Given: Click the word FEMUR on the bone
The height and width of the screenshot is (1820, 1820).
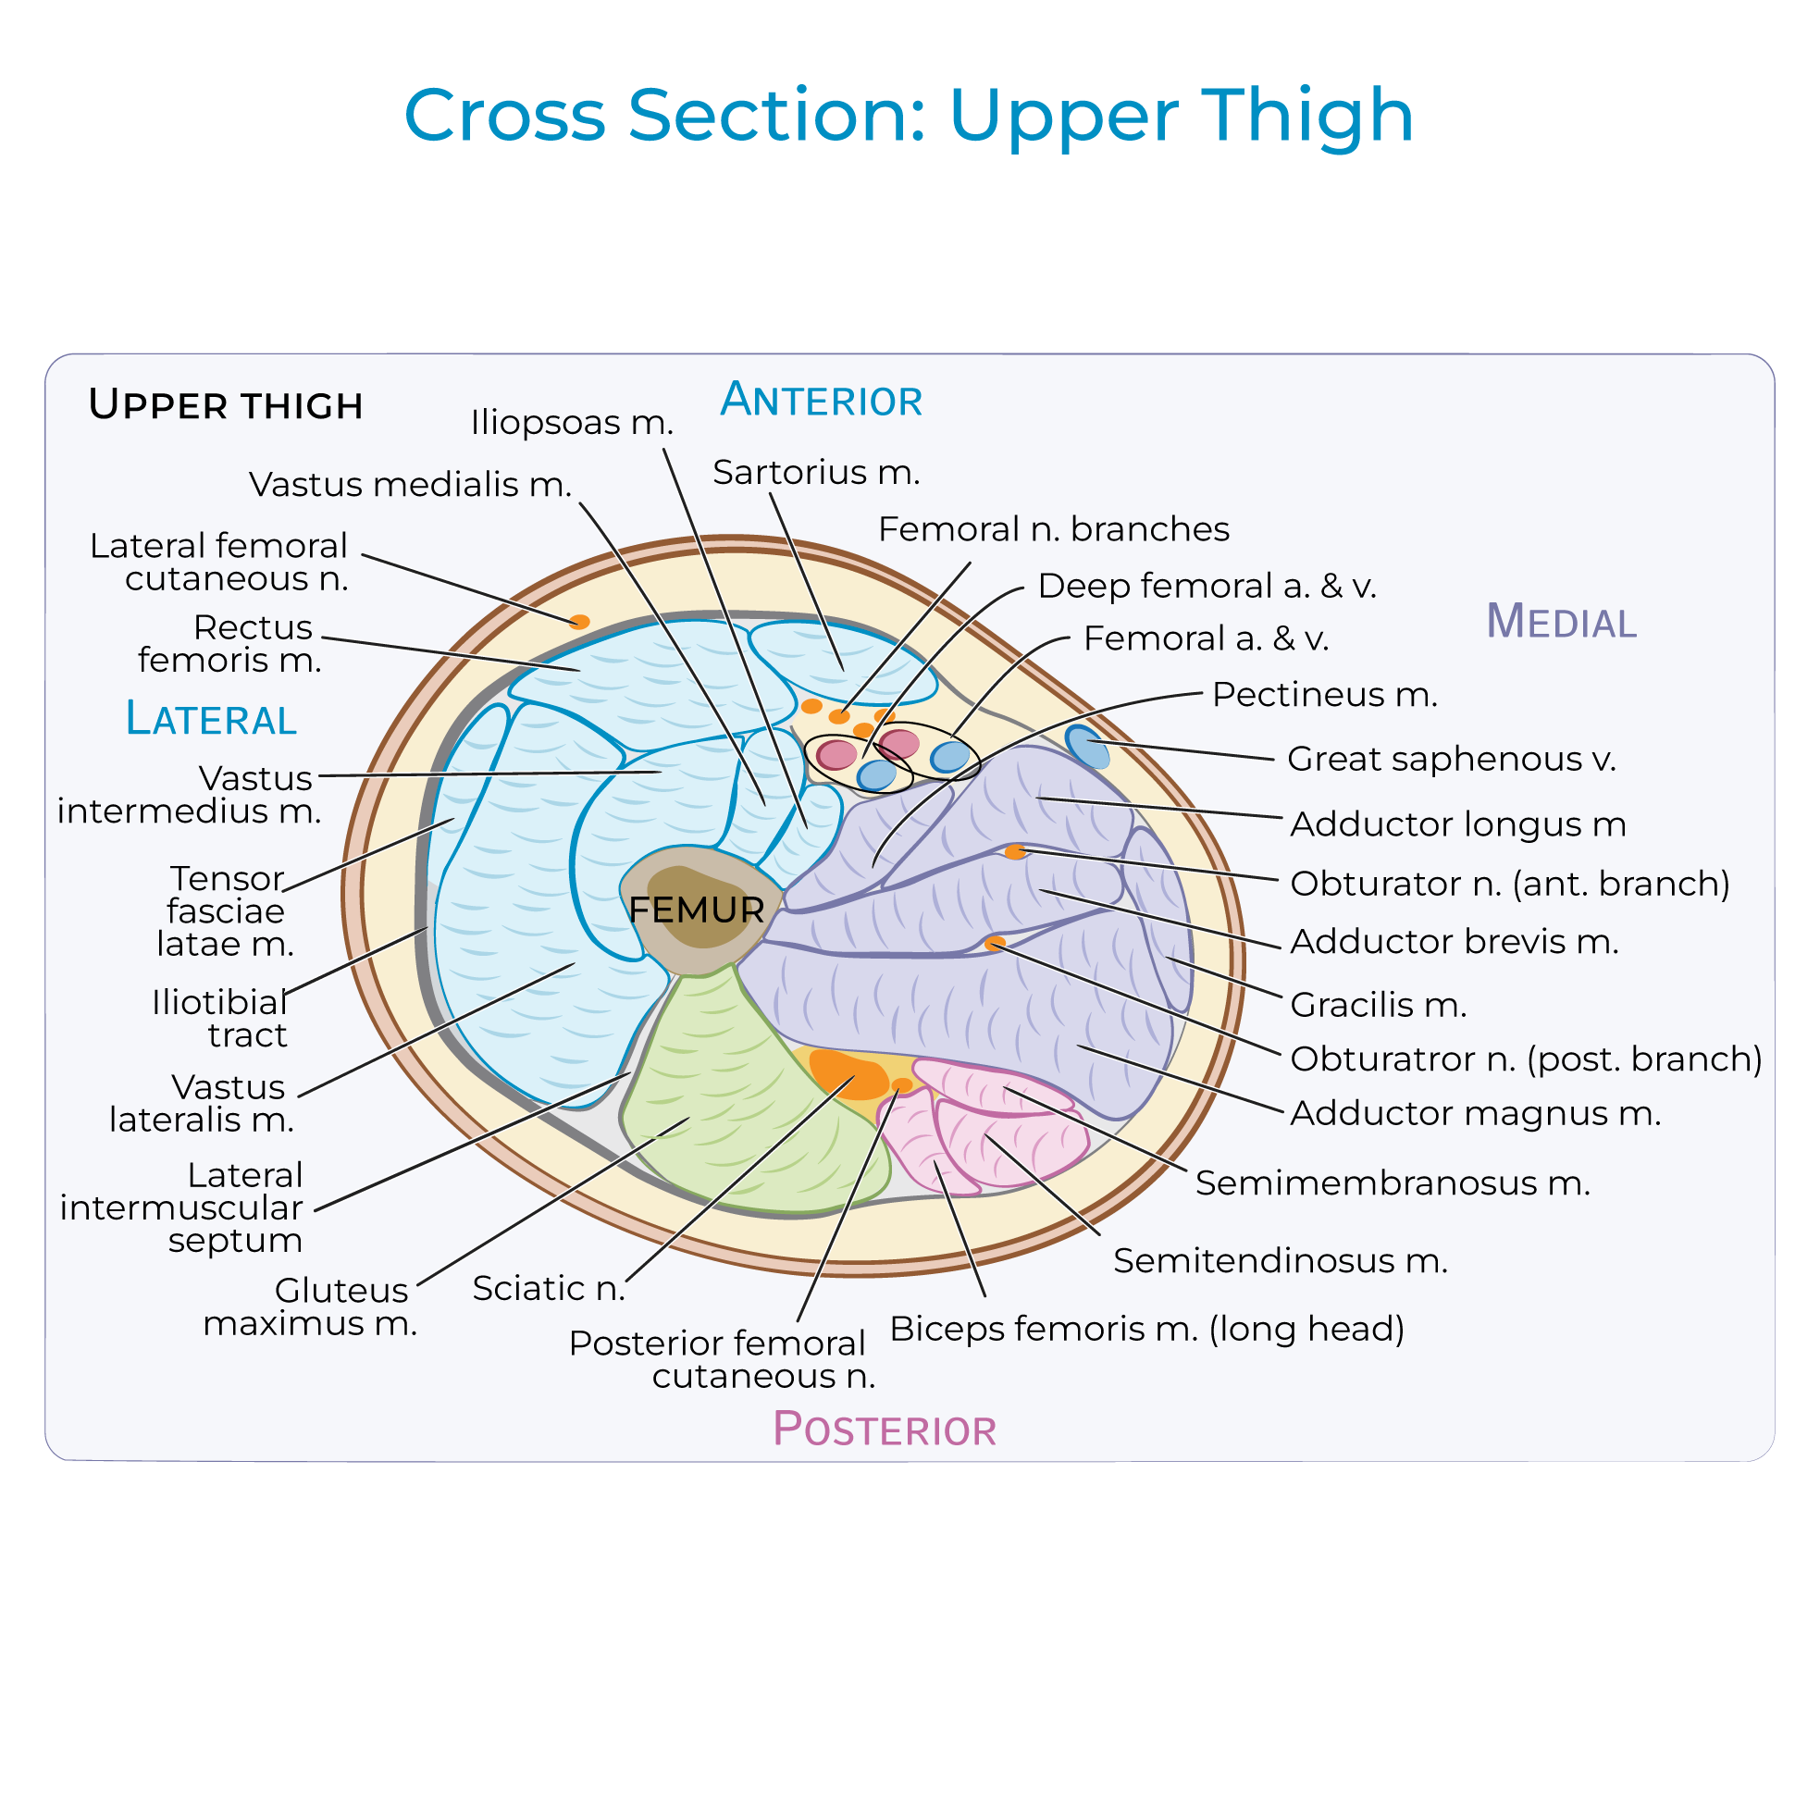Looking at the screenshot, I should click(696, 910).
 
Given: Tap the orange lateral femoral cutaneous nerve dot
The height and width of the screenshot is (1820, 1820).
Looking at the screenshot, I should click(580, 622).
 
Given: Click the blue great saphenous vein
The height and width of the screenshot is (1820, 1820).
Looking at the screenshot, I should click(1086, 746).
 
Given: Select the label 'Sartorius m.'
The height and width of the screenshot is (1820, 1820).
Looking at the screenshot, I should click(816, 472).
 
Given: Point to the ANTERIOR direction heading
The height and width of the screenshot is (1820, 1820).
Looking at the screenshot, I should click(821, 401).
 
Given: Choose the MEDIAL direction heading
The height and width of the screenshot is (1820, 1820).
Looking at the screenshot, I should click(1561, 622).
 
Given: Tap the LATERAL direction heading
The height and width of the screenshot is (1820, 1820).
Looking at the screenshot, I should click(211, 720).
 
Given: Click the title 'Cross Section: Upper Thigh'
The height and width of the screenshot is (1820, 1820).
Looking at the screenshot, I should click(908, 115).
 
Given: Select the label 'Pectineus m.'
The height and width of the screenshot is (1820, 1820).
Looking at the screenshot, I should click(1324, 694).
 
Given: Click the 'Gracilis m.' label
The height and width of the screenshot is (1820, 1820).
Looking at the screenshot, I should click(1379, 1005).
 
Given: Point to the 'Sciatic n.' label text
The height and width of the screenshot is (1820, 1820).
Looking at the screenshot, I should click(549, 1288).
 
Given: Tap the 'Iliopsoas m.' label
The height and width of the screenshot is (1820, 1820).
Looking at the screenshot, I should click(572, 422).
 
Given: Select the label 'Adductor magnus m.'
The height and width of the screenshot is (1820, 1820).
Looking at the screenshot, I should click(1475, 1112).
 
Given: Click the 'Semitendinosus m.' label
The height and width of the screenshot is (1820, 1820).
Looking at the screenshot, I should click(1281, 1260).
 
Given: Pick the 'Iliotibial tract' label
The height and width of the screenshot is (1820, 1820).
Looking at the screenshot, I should click(219, 1019).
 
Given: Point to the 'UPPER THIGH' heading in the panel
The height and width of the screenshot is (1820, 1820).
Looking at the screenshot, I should click(225, 405).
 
